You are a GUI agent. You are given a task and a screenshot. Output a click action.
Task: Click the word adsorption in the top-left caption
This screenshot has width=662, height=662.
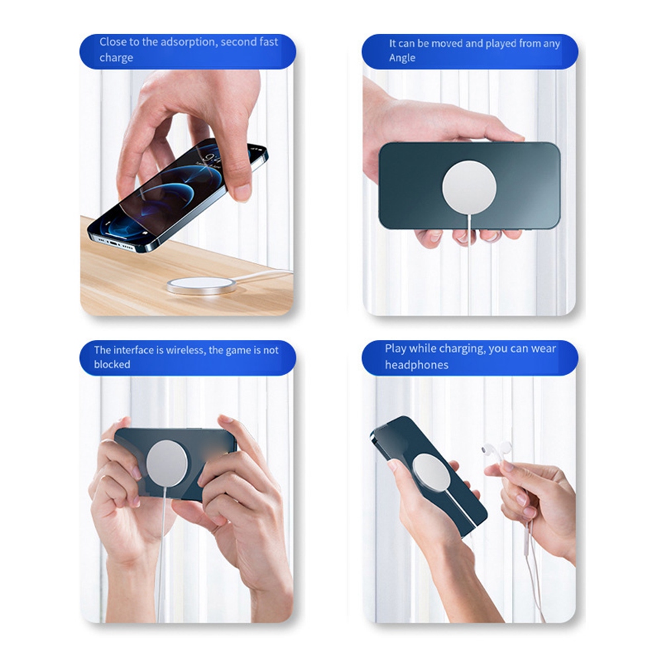(x=187, y=42)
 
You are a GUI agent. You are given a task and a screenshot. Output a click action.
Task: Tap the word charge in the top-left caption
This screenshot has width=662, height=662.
(x=116, y=58)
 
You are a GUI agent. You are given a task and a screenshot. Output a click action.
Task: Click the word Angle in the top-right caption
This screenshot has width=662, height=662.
(x=402, y=58)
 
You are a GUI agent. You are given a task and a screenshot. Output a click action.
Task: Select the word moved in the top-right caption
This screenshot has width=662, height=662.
(x=446, y=44)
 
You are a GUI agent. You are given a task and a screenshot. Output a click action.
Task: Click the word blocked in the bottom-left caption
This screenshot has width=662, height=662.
(x=112, y=364)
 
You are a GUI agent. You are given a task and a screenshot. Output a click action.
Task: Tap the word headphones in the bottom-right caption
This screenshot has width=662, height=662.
(x=416, y=365)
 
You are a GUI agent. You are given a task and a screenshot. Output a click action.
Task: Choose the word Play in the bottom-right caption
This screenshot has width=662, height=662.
(x=395, y=349)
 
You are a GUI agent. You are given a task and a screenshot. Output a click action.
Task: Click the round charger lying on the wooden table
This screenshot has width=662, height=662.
(x=200, y=286)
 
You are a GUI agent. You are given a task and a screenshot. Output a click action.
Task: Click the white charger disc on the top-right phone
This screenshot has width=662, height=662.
(x=469, y=186)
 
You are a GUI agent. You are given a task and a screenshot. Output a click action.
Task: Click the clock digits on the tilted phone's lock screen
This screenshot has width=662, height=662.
(x=212, y=159)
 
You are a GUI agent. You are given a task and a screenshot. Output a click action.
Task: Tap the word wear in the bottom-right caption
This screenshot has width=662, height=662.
(x=544, y=349)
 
